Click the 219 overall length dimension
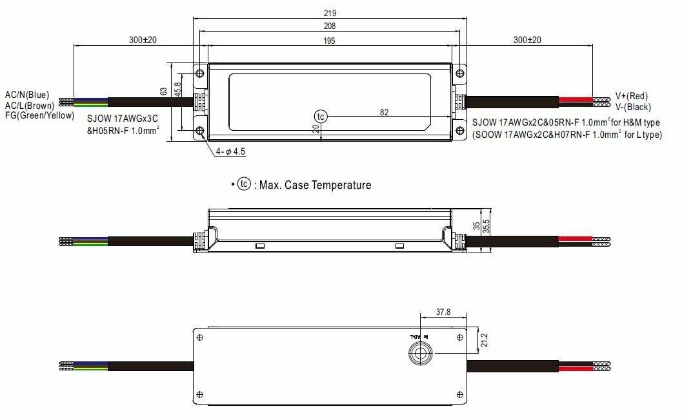pyautogui.click(x=330, y=13)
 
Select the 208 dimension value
pyautogui.click(x=330, y=26)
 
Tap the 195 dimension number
pyautogui.click(x=330, y=40)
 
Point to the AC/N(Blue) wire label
pyautogui.click(x=26, y=95)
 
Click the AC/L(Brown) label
pyautogui.click(x=29, y=105)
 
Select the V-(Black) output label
pyautogui.click(x=633, y=107)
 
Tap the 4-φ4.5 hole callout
pyautogui.click(x=230, y=151)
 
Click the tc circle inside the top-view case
pyautogui.click(x=321, y=116)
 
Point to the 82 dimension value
pyautogui.click(x=384, y=112)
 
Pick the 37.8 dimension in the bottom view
pyautogui.click(x=443, y=312)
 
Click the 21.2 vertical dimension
pyautogui.click(x=485, y=339)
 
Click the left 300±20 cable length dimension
pyautogui.click(x=143, y=40)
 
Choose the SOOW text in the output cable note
pyautogui.click(x=488, y=135)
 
